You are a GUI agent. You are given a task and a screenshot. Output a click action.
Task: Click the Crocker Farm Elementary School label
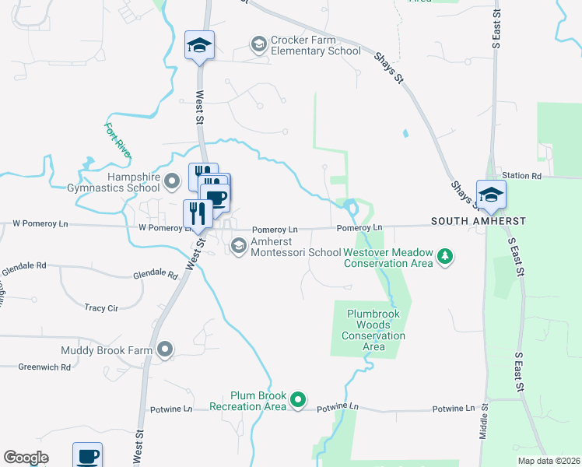click(x=315, y=45)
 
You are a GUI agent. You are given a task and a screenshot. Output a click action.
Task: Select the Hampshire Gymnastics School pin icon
click(x=173, y=182)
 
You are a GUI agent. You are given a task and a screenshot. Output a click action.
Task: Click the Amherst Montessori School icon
click(x=238, y=246)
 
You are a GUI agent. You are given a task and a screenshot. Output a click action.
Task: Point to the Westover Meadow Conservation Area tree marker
click(x=444, y=257)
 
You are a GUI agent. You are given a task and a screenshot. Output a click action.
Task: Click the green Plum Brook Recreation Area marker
click(x=297, y=401)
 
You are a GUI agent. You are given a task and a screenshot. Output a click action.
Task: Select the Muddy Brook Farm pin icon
click(x=164, y=350)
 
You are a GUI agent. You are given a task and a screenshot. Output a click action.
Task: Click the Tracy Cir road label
click(x=101, y=308)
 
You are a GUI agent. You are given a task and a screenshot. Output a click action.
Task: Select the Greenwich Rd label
click(x=44, y=367)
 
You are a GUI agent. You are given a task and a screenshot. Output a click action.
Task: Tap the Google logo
click(x=26, y=458)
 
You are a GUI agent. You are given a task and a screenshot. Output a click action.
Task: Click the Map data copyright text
click(x=549, y=461)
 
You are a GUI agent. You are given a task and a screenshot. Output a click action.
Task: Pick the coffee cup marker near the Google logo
click(x=87, y=455)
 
